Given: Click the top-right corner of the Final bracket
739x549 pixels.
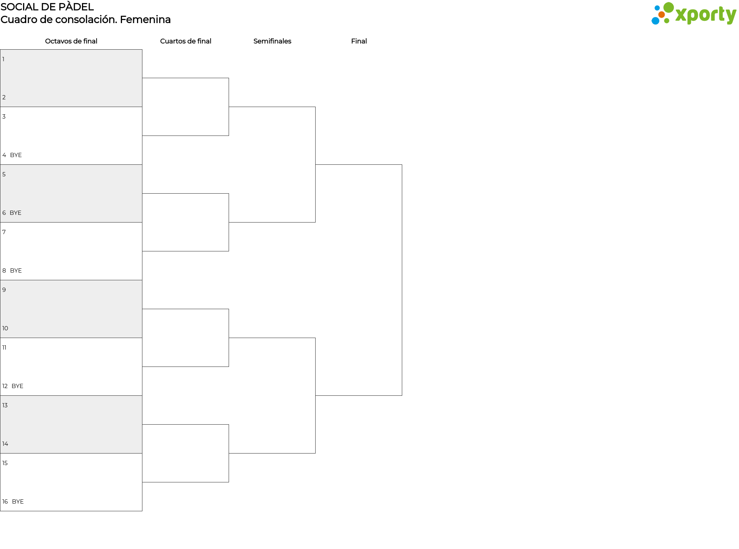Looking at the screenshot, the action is (x=402, y=165).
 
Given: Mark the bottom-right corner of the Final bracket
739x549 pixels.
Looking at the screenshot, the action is (x=402, y=395).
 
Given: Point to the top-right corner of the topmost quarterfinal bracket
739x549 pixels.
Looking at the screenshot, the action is (x=229, y=78).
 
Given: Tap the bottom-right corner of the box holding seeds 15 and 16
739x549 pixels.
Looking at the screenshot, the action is (x=142, y=511).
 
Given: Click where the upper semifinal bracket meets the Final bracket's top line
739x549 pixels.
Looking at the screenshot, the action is (x=315, y=165).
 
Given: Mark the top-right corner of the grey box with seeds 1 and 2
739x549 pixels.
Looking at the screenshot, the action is (x=142, y=50).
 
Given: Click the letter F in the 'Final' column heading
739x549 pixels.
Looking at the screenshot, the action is (x=353, y=41).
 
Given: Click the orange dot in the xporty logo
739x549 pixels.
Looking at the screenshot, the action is (x=661, y=15).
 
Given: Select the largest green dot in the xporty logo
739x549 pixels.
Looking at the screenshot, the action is (x=669, y=7).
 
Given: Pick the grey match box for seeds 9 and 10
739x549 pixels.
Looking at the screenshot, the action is (x=71, y=309).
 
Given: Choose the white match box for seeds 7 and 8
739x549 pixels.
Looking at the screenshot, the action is (x=71, y=251).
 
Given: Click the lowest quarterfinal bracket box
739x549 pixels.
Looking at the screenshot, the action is (x=186, y=454).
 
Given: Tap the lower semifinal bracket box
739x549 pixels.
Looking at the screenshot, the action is (x=272, y=396).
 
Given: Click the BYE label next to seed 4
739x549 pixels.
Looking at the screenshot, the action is (x=16, y=155).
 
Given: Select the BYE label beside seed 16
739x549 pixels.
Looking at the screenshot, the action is (x=18, y=502).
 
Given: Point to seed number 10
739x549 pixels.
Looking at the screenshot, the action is (x=5, y=328).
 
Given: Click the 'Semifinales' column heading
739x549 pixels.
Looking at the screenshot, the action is (x=272, y=41).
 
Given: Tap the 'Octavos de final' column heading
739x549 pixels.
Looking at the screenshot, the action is (x=71, y=41).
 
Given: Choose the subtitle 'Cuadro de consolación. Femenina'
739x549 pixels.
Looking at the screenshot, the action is (x=85, y=19).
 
